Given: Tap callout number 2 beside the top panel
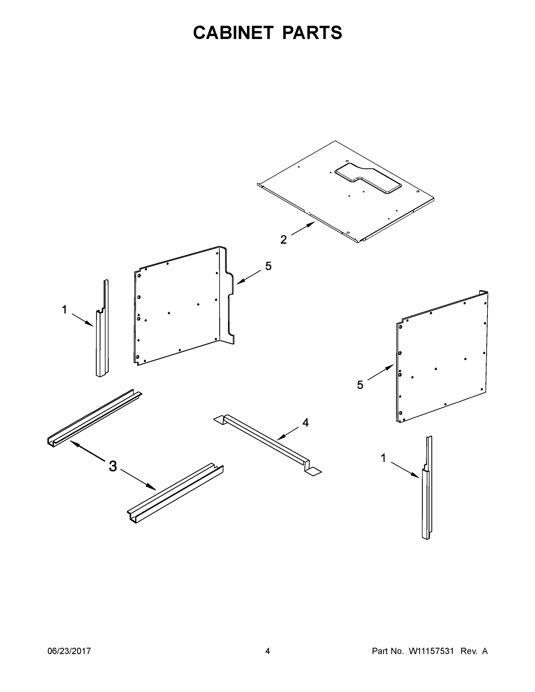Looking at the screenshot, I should point(283,240).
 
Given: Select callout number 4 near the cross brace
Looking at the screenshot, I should point(305,422).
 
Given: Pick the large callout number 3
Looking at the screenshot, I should point(113,466).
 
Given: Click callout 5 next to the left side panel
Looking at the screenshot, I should point(268,266).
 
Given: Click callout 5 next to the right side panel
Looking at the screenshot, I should point(360,385).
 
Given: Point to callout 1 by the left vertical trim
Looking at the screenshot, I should point(64,310).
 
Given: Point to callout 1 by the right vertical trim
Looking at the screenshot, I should point(383,458).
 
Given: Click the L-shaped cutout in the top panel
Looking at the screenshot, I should point(368,178).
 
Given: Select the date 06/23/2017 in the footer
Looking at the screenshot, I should point(69,651).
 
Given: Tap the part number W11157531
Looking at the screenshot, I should point(431,651).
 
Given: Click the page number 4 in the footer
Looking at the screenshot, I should point(268,651).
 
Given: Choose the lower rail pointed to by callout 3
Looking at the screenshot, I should point(175,493).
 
